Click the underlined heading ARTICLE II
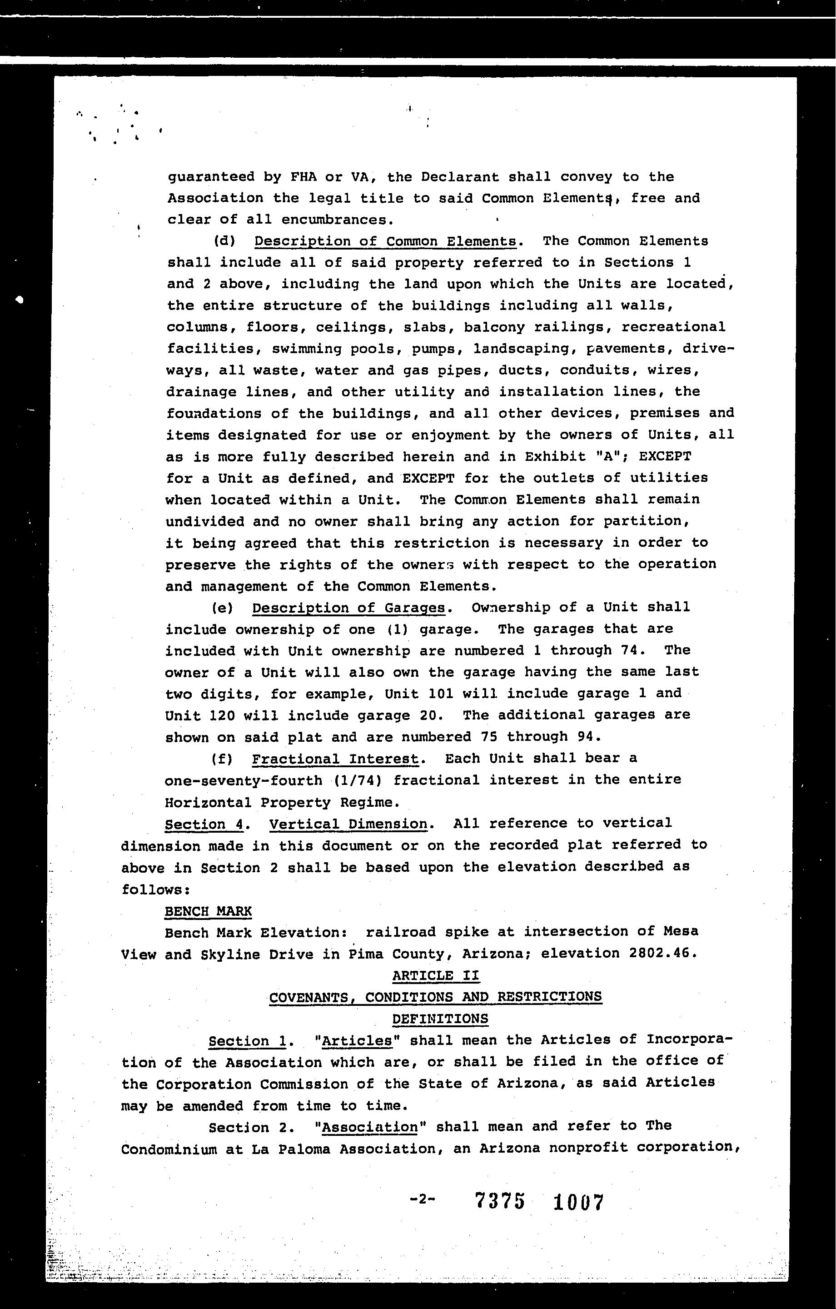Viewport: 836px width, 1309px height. tap(435, 975)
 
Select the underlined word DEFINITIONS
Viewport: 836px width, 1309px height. tap(440, 1018)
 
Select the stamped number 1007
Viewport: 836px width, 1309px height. tap(578, 1201)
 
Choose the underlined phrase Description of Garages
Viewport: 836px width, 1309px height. tap(348, 607)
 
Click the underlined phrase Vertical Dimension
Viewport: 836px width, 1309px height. tap(348, 824)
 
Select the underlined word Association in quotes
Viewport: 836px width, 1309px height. tap(370, 1126)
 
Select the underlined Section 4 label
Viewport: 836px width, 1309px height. tap(204, 824)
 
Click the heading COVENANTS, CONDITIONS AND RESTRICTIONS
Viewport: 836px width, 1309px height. tap(435, 996)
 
